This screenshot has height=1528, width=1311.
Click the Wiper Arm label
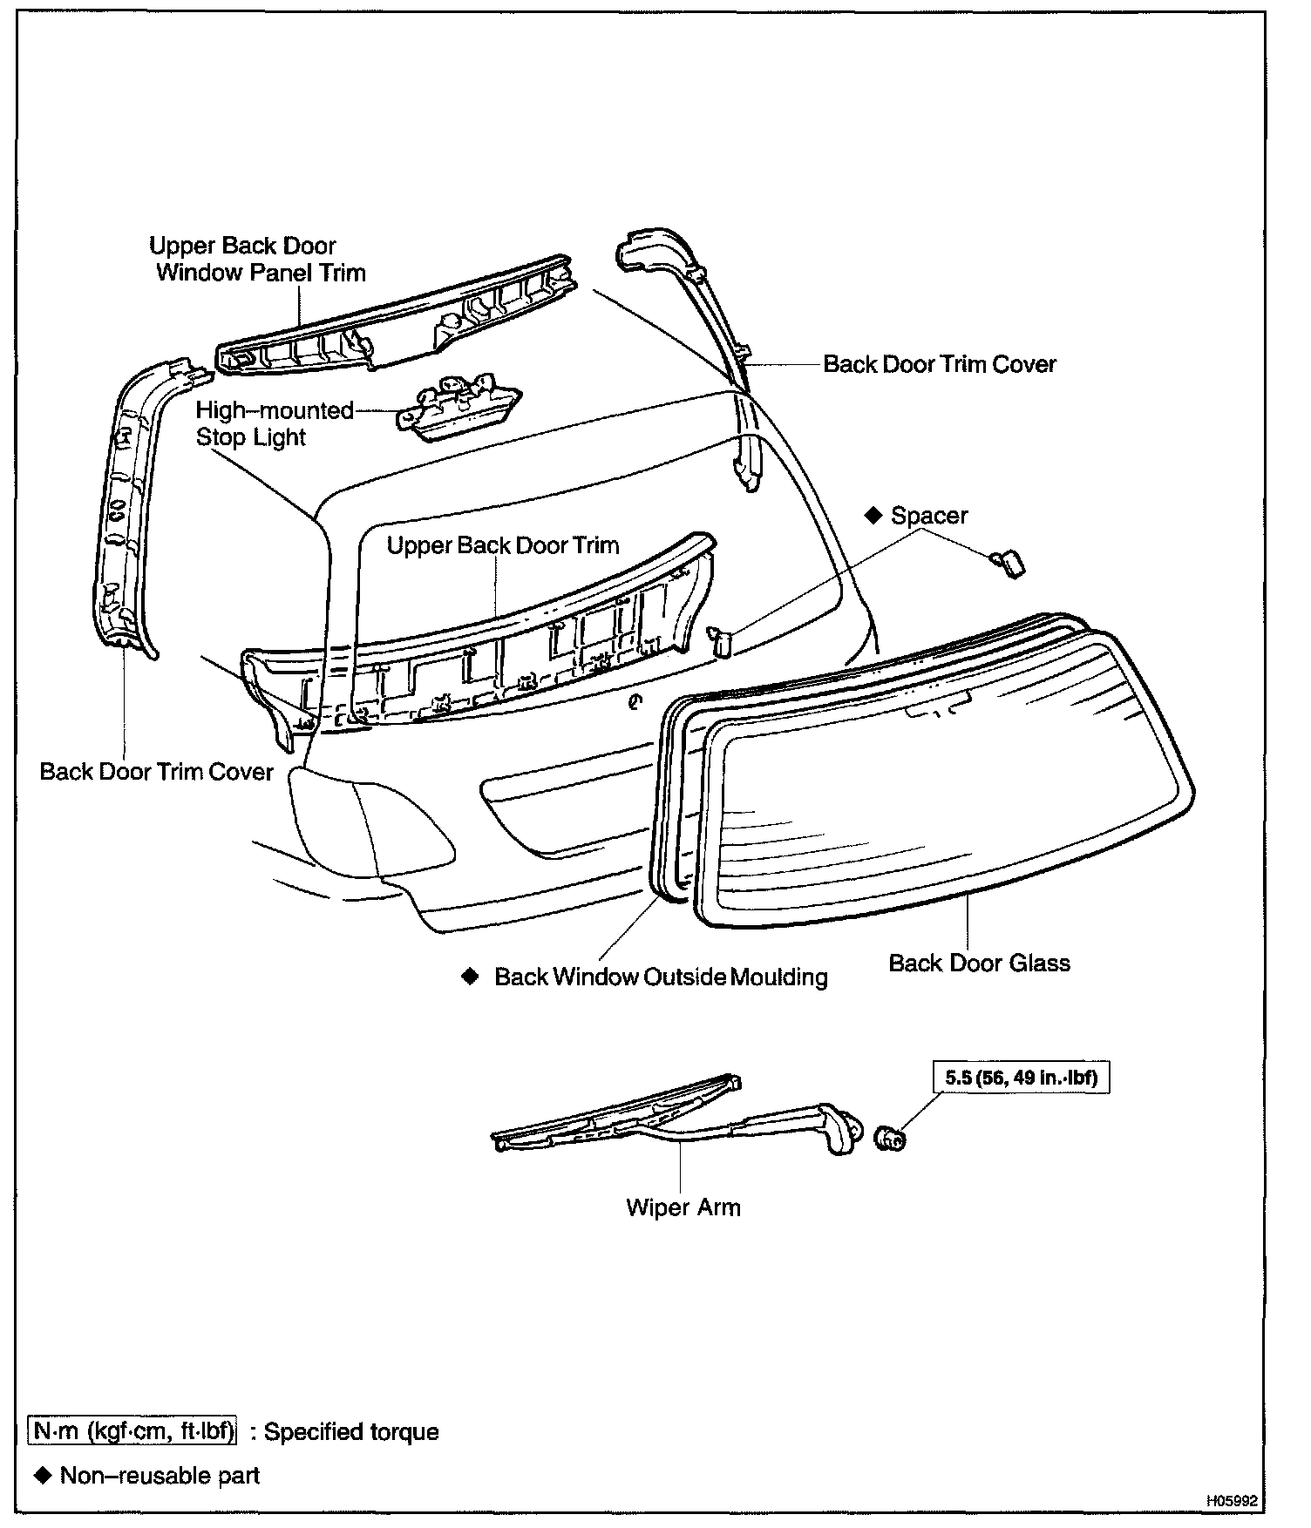tap(683, 1207)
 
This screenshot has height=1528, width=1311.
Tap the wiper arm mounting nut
tap(888, 1137)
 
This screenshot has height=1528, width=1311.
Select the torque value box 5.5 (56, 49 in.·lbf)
tap(1022, 1078)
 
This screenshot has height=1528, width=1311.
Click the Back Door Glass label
tap(979, 963)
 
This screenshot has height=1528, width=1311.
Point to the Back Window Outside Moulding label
tap(661, 977)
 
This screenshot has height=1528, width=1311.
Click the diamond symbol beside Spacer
tap(873, 515)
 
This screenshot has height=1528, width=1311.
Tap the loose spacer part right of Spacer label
tap(1008, 563)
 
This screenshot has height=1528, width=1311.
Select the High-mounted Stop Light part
tap(458, 409)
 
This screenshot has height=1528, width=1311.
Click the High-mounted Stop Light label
tap(274, 423)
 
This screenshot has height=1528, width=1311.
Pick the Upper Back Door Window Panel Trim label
tap(259, 259)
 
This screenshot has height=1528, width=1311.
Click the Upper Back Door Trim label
tap(503, 545)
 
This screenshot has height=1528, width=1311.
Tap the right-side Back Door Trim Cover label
tap(940, 364)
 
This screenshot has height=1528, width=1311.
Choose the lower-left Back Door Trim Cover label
tap(157, 772)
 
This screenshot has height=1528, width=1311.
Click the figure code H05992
tap(1232, 1501)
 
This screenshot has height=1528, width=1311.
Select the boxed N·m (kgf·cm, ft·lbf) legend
tap(132, 1431)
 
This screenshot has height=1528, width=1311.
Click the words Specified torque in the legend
tap(351, 1431)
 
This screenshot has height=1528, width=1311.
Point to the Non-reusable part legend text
tap(160, 1475)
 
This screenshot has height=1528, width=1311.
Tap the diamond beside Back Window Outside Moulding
tap(471, 976)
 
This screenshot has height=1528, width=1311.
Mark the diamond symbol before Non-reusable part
tap(42, 1475)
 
